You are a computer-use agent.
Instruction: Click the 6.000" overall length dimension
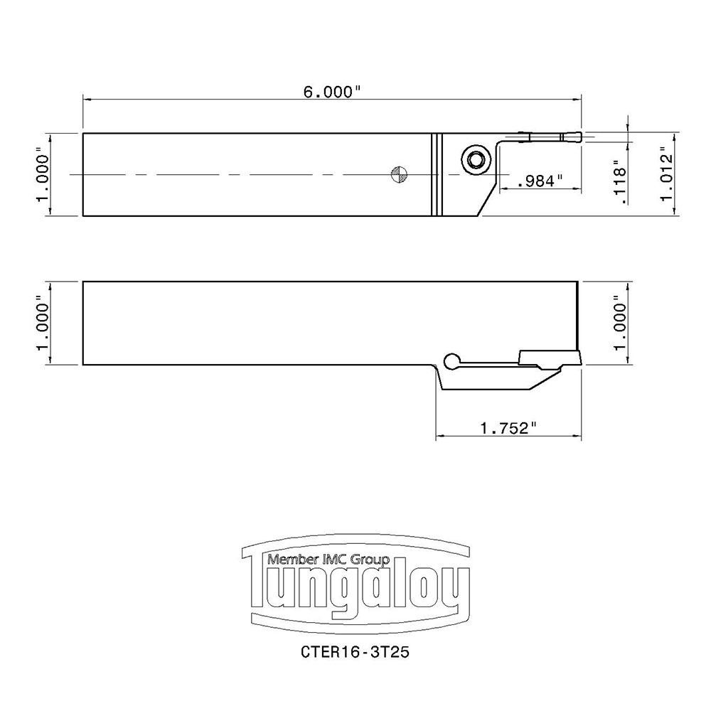point(333,92)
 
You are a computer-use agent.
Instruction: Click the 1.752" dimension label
point(508,428)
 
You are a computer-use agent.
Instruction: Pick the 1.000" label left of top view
point(44,174)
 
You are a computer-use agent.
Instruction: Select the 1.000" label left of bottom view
point(44,324)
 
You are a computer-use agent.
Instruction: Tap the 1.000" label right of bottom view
point(621,324)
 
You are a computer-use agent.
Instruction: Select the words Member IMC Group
point(328,560)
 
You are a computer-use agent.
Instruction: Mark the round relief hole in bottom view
point(450,360)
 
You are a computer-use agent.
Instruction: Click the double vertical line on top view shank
point(437,174)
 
